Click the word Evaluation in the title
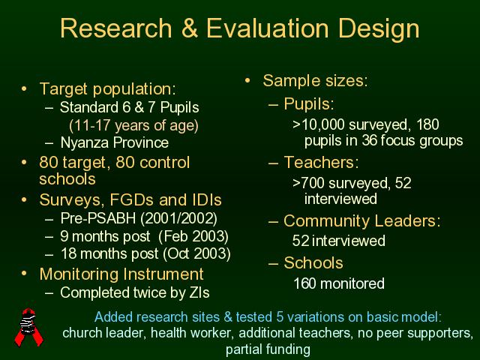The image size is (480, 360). click(268, 28)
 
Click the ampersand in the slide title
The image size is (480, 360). click(190, 28)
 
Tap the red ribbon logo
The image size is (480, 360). click(29, 327)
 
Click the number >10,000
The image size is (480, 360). click(319, 124)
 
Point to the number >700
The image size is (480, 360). click(308, 183)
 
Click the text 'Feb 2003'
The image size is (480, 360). click(193, 236)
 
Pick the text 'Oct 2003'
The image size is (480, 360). click(196, 253)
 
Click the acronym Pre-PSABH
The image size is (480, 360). click(98, 218)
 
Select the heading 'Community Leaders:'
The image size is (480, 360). click(362, 220)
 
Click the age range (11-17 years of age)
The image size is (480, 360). click(133, 125)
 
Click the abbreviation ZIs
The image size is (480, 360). click(199, 292)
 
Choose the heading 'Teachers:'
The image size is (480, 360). click(321, 162)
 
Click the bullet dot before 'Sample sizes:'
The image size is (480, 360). click(247, 80)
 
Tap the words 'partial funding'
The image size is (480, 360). click(268, 349)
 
